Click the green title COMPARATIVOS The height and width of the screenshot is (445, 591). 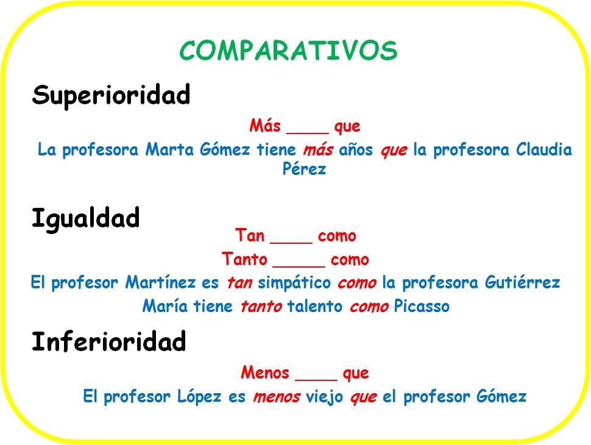pos(289,51)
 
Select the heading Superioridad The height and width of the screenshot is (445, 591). pos(111,95)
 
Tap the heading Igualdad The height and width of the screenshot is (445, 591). pos(85,218)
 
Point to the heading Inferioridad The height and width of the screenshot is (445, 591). pos(108,342)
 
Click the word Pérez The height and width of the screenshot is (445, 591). pos(304,169)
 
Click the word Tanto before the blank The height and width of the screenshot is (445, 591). pos(245,260)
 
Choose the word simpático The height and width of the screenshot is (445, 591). pos(295,283)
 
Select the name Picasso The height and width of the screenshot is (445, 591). pos(422,306)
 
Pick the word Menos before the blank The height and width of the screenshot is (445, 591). pos(264,372)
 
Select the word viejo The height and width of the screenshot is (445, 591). pos(325,397)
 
